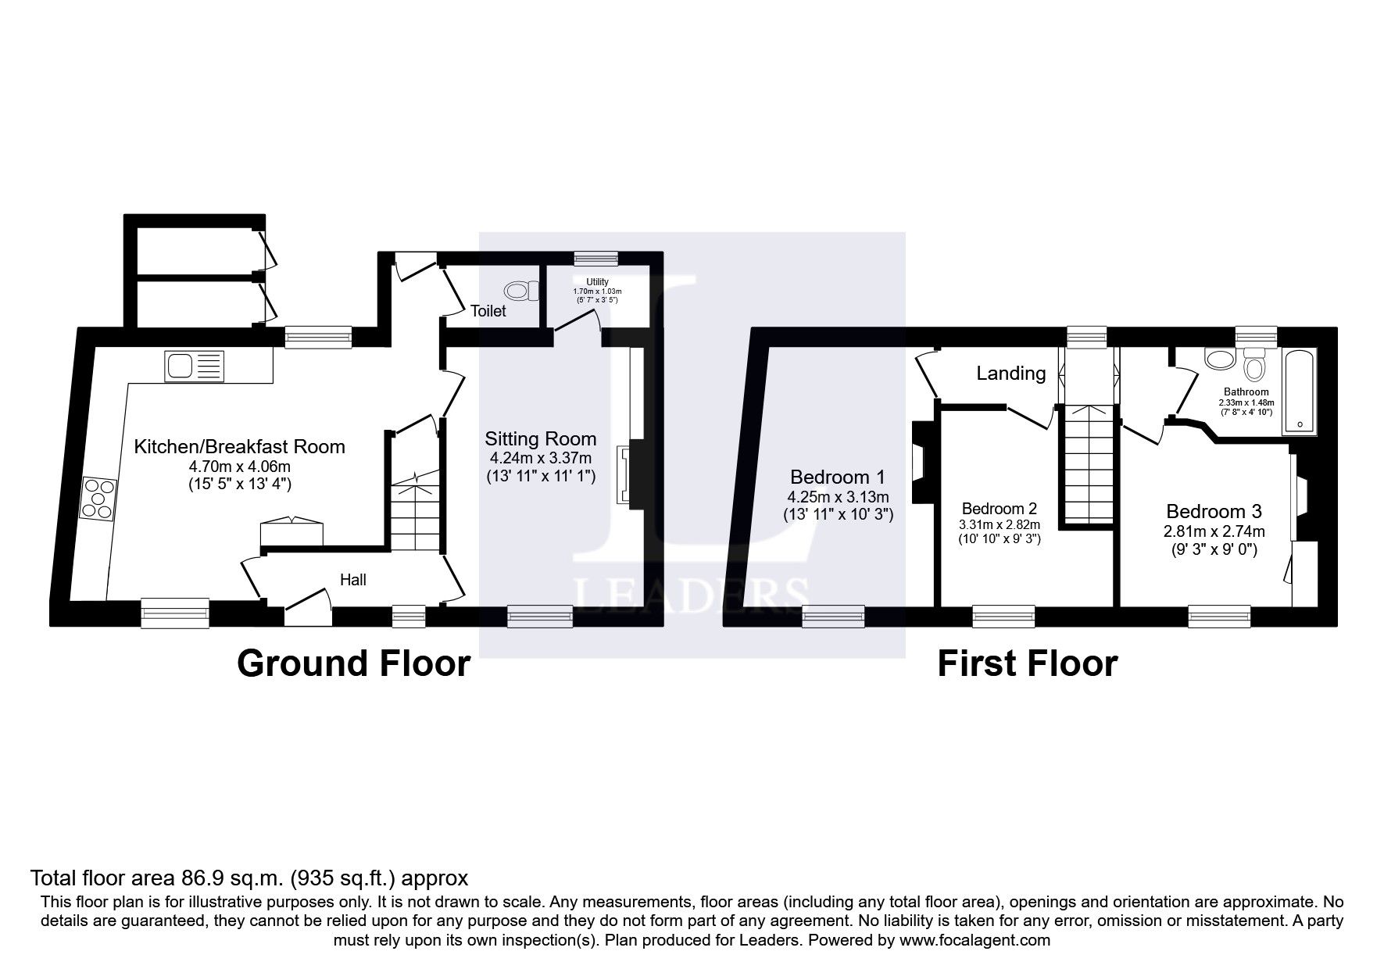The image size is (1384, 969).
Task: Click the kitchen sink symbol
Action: point(194,366)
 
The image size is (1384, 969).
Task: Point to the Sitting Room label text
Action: point(540,438)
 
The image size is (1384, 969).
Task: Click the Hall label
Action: point(353,580)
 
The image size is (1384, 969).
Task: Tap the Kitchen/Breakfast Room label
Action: point(239,446)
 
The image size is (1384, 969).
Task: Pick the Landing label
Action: point(1010,374)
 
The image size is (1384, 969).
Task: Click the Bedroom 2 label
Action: point(1000,509)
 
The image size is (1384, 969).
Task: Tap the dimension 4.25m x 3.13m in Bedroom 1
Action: point(838,497)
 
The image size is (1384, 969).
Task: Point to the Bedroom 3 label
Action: point(1214,511)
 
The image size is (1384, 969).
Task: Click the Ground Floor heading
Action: point(353,663)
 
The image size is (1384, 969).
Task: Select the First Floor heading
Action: point(1027,663)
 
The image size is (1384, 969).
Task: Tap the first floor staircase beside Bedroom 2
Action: point(1085,465)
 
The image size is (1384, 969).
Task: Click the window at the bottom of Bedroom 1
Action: point(833,617)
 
